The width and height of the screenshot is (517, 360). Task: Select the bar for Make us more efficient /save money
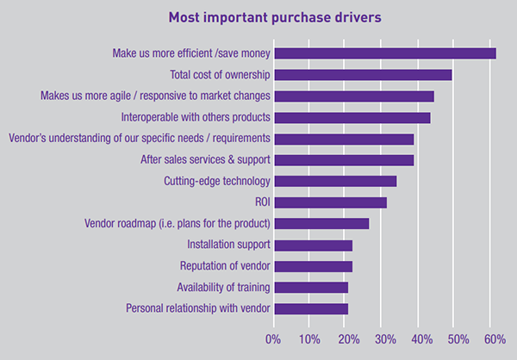point(384,53)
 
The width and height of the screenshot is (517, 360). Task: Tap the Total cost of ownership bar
point(363,75)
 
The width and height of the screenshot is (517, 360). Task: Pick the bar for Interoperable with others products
point(352,117)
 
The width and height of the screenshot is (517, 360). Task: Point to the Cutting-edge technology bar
point(335,181)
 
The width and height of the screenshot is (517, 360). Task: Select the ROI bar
point(330,202)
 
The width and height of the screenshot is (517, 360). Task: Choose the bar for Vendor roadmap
point(321,224)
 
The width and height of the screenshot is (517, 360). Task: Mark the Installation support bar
point(313,245)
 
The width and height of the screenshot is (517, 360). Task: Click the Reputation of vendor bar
point(313,266)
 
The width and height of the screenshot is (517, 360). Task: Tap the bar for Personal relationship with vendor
point(310,308)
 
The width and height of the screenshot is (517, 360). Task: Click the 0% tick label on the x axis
point(273,338)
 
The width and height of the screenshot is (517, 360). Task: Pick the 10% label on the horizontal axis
point(310,338)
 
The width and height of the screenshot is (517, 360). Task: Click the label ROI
point(262,202)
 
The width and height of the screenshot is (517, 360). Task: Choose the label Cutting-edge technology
point(217,181)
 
